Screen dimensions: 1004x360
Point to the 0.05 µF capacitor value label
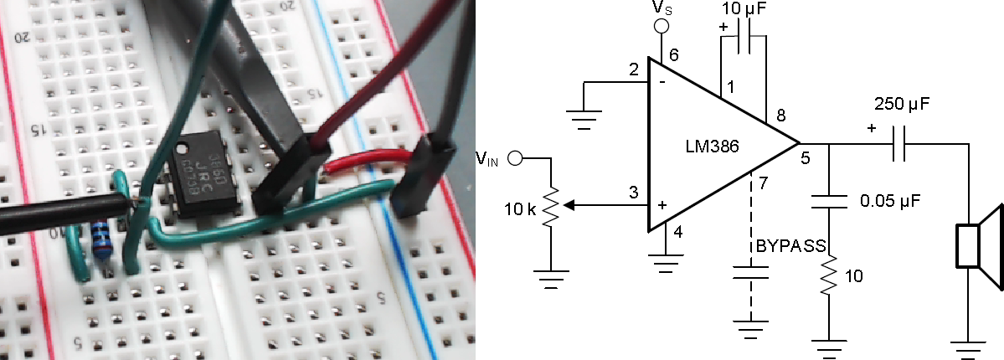click(893, 202)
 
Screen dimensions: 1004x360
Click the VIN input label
click(487, 159)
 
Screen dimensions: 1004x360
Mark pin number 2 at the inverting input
click(634, 69)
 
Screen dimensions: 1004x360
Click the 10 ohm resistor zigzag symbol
click(829, 276)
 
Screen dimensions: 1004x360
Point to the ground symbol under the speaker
click(970, 346)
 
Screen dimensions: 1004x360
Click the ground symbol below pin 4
click(666, 267)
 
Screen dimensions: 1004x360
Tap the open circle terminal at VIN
click(517, 157)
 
